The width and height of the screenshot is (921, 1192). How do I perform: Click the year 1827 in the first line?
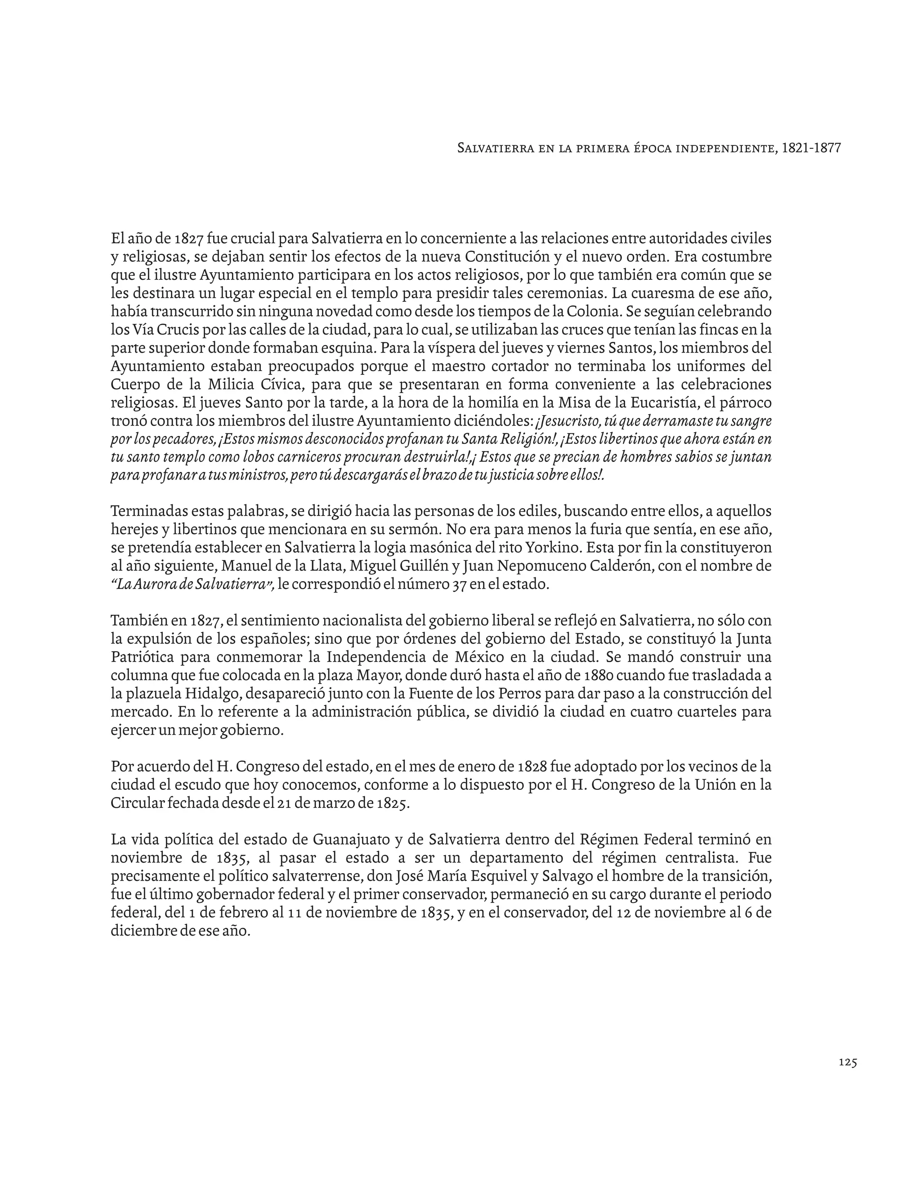(x=189, y=238)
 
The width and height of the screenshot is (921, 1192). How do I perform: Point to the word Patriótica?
(x=143, y=657)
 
